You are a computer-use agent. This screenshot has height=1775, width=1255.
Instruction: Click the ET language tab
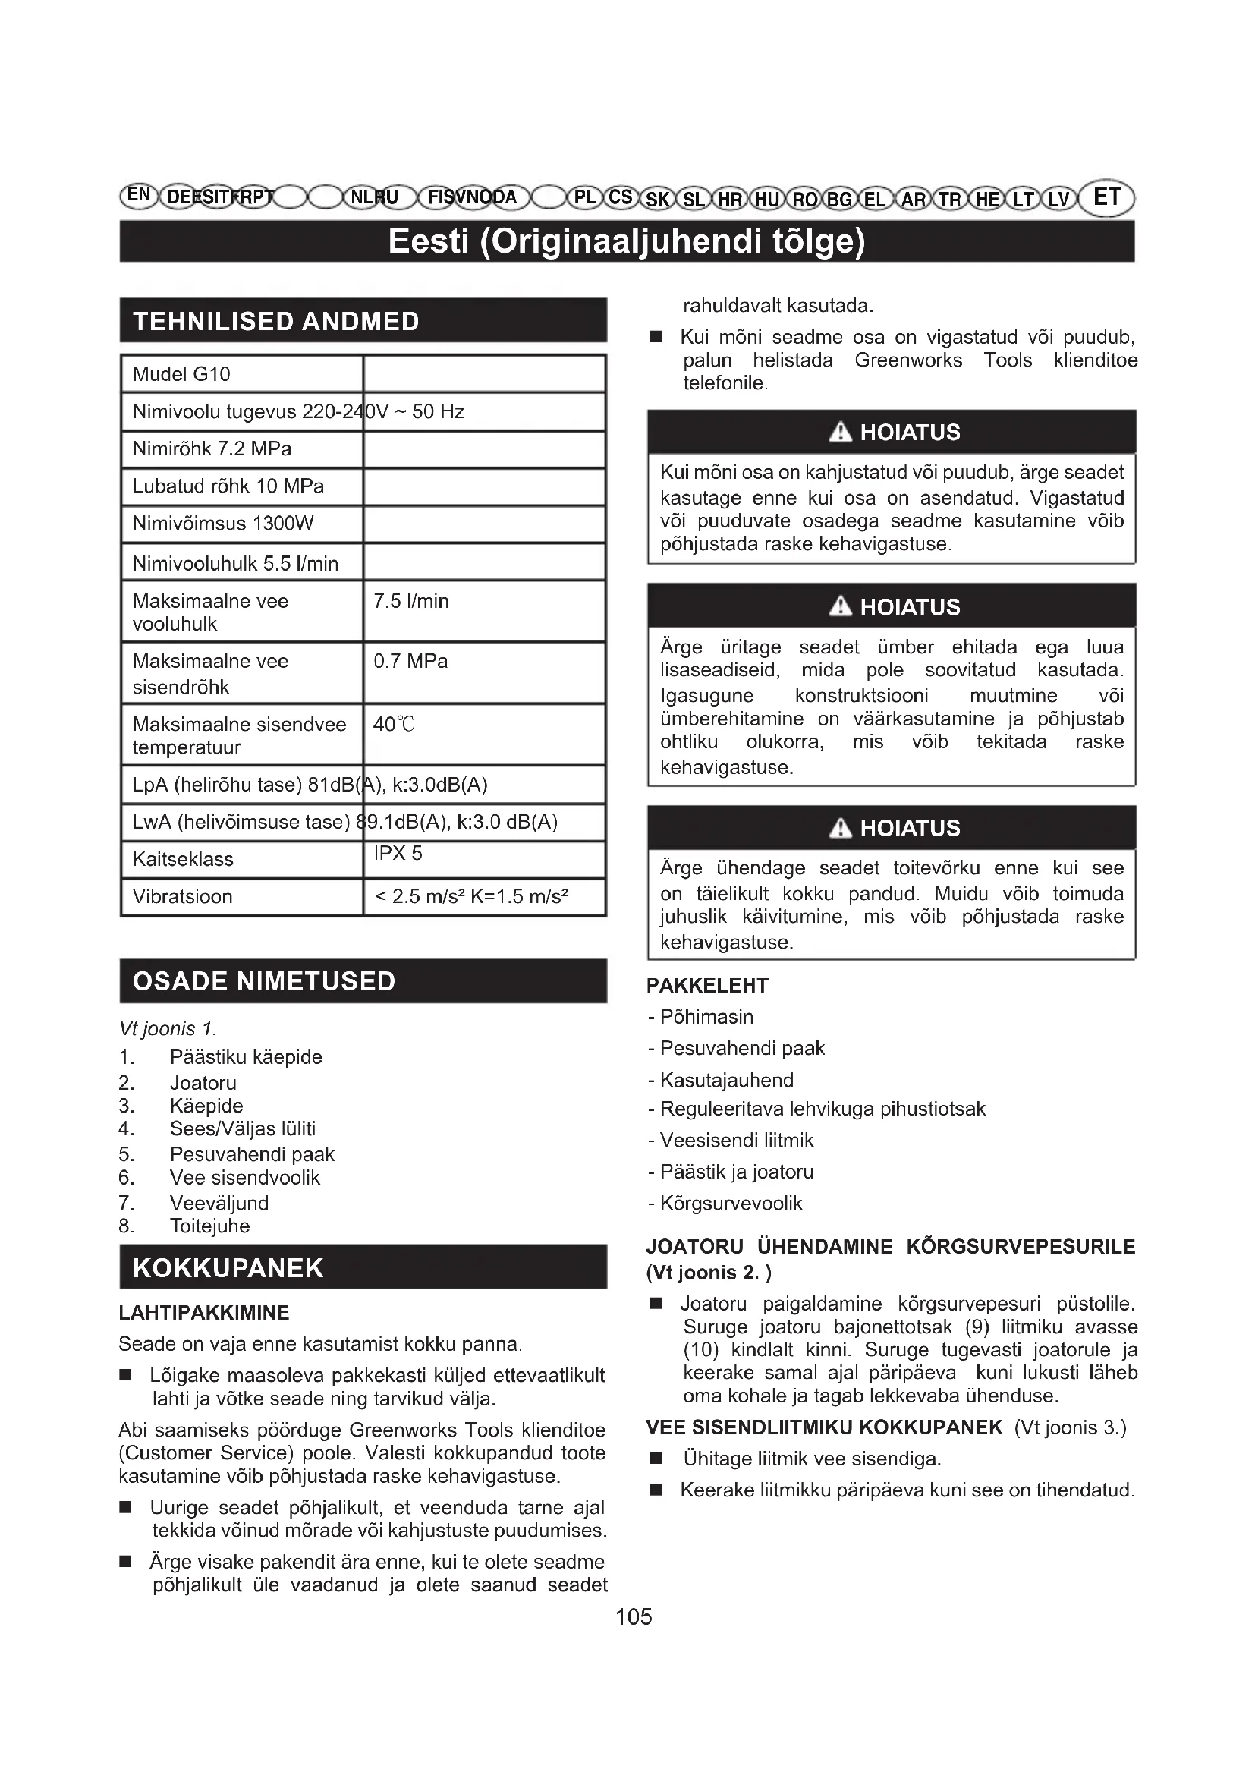(1106, 197)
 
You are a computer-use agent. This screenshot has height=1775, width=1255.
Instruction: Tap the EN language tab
(138, 195)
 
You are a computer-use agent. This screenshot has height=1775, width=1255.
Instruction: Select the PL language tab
(584, 197)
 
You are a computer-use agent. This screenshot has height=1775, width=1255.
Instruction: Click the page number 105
(634, 1616)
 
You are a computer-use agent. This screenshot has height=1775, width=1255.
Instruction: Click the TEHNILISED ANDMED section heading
(276, 321)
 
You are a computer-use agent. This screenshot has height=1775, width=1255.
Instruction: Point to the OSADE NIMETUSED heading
(264, 981)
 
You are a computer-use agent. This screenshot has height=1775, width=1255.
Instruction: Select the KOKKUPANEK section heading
(228, 1268)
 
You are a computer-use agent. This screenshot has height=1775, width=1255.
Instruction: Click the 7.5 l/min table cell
(411, 602)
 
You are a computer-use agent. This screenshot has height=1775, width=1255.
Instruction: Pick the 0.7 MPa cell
(410, 662)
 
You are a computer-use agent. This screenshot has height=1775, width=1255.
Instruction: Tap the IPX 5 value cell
(398, 854)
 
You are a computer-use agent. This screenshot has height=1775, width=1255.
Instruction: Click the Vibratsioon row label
(182, 897)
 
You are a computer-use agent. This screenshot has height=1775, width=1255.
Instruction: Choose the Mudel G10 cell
(181, 375)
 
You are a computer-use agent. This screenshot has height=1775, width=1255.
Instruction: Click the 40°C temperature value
(394, 725)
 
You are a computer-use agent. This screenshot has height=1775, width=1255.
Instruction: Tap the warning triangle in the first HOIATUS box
(840, 432)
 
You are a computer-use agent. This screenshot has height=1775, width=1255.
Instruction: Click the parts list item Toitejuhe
(209, 1226)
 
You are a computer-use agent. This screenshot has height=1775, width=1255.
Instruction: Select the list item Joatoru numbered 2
(203, 1083)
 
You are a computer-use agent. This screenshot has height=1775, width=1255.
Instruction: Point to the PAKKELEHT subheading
(707, 986)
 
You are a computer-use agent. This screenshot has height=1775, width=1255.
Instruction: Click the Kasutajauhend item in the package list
(726, 1080)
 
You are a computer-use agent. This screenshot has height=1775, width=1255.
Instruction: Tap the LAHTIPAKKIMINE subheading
(204, 1313)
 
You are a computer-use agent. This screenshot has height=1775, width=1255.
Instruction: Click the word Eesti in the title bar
(428, 241)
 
